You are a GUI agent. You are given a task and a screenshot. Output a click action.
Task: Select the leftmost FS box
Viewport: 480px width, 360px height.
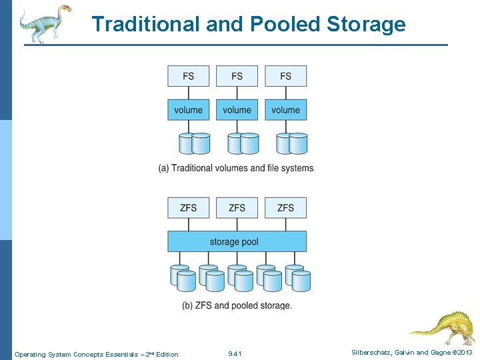coord(188,76)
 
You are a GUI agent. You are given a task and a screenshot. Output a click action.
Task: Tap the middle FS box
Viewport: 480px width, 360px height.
coord(237,76)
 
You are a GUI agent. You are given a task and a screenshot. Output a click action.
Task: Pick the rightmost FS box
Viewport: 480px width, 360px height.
coord(285,76)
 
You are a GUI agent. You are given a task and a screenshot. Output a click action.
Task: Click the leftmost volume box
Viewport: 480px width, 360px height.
coord(188,110)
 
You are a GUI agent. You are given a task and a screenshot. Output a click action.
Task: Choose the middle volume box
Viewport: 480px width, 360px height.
coord(237,110)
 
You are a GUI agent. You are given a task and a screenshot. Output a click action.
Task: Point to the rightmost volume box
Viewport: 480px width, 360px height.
coord(285,110)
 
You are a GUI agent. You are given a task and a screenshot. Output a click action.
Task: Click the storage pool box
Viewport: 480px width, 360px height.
coord(237,241)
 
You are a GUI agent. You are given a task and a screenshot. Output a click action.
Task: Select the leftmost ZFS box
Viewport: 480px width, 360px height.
coord(188,208)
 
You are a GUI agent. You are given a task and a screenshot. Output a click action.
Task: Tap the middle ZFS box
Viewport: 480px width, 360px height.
coord(237,208)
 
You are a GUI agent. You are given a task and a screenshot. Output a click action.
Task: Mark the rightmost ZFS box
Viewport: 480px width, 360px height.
coord(285,208)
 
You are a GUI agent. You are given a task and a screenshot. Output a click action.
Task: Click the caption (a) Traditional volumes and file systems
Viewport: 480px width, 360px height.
coord(236,168)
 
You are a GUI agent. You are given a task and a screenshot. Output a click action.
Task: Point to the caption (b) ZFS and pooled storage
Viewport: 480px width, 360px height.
coord(237,305)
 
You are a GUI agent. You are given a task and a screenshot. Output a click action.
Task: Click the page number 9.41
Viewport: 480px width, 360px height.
coord(235,354)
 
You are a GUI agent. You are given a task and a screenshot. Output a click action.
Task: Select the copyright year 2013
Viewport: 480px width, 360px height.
coord(464,353)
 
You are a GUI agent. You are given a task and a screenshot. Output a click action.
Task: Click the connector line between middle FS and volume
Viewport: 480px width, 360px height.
coord(237,93)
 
